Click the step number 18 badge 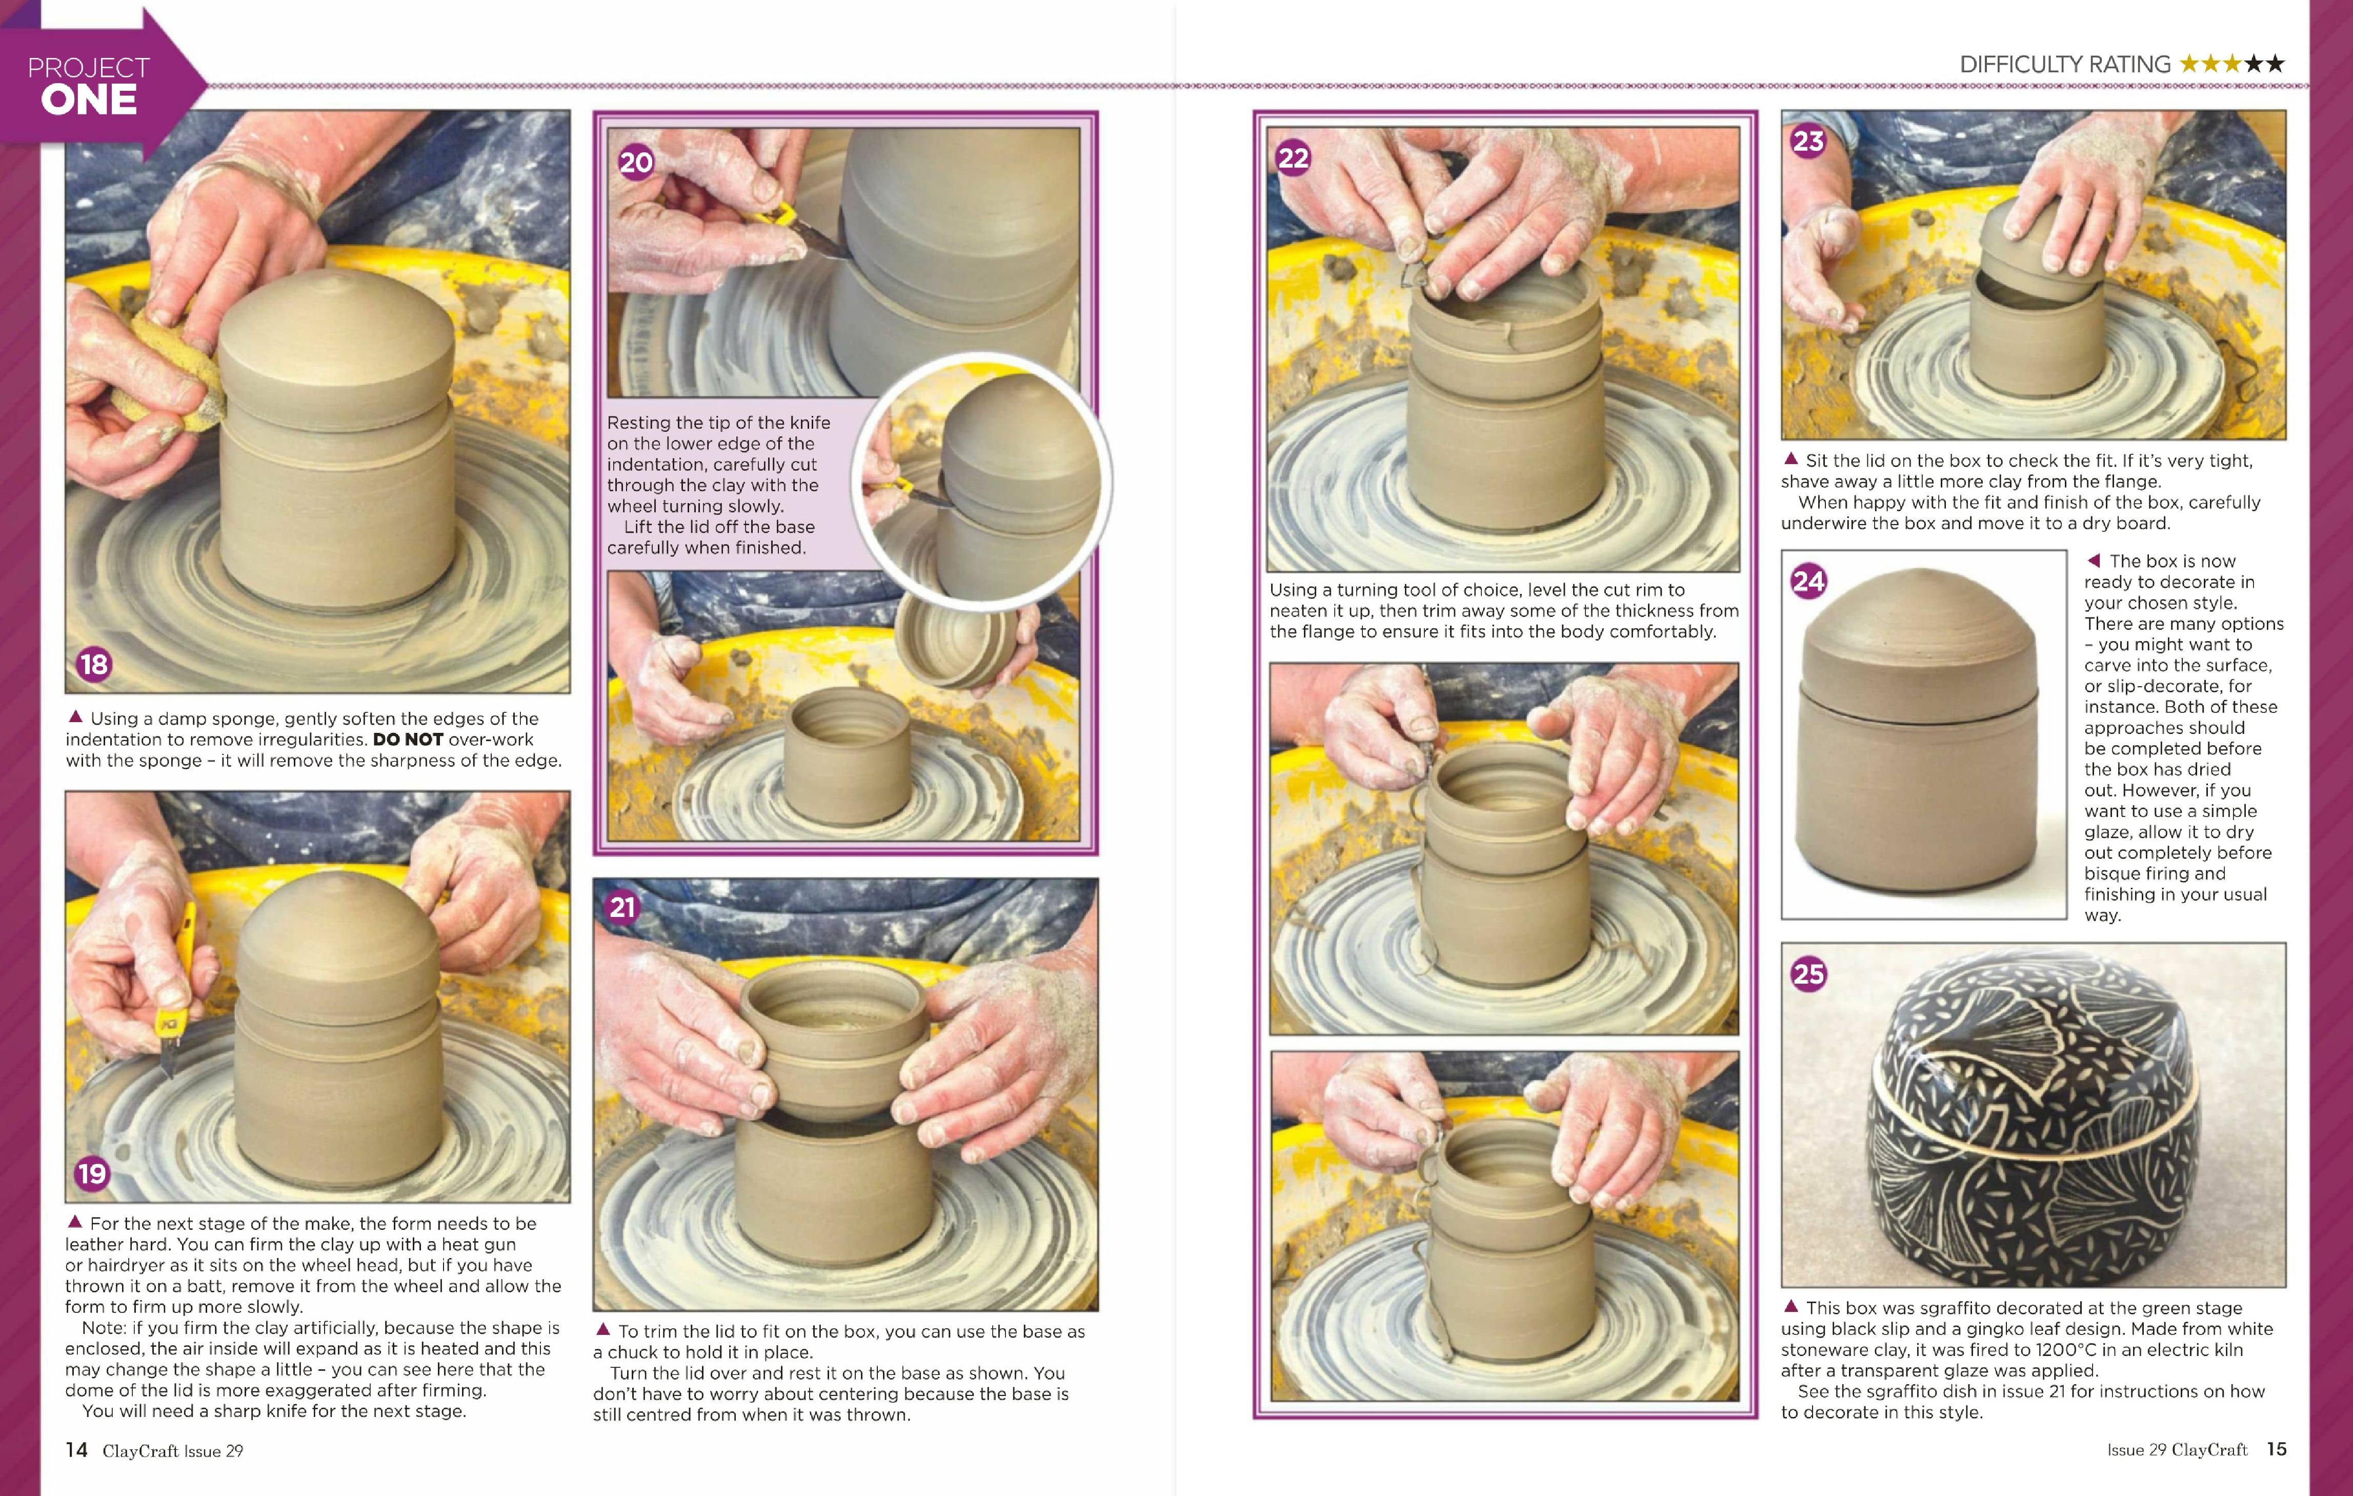[x=94, y=665]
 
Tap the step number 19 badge [x=92, y=1173]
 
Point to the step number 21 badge [x=622, y=908]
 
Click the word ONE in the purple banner [x=89, y=101]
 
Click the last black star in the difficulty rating [x=2276, y=64]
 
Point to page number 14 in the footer [x=76, y=1449]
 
